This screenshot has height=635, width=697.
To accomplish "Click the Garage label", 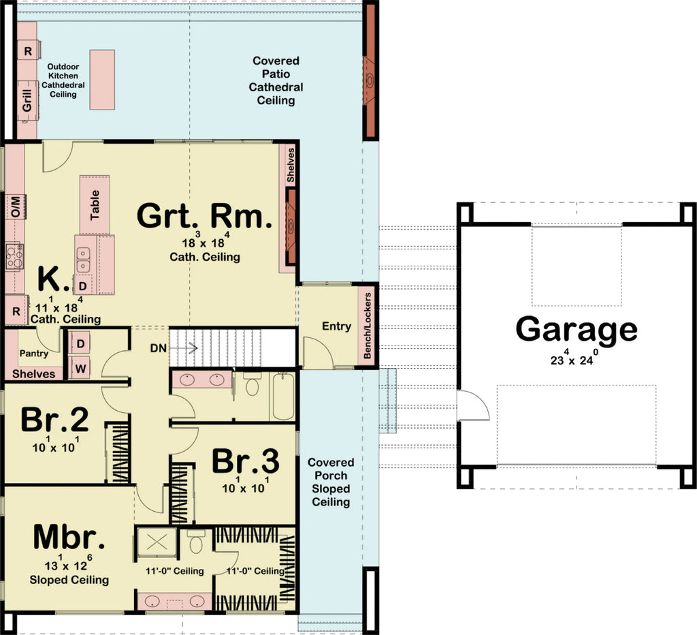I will tap(576, 329).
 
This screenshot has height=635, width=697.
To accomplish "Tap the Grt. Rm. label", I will tap(204, 217).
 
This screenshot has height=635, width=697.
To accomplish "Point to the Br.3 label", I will tap(245, 461).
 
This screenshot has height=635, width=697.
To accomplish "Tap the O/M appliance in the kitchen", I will tap(15, 206).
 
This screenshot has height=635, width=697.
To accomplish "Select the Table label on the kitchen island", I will tap(95, 204).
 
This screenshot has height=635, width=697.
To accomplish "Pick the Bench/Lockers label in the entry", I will tap(368, 326).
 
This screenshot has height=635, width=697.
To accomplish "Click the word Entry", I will tap(336, 326).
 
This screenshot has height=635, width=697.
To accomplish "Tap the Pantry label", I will tap(33, 354).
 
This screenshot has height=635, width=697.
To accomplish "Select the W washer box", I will tap(80, 367).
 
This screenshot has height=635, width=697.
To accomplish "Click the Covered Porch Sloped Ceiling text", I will tap(331, 482).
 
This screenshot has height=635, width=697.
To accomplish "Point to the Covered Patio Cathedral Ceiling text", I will tap(276, 80).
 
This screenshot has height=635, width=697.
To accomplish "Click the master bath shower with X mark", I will tap(157, 543).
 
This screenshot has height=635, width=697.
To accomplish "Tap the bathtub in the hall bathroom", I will tap(282, 397).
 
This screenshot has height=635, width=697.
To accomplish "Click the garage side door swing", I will tap(472, 407).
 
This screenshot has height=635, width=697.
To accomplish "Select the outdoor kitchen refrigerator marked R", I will tap(28, 51).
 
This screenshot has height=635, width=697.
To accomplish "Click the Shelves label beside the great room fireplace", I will tap(291, 164).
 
